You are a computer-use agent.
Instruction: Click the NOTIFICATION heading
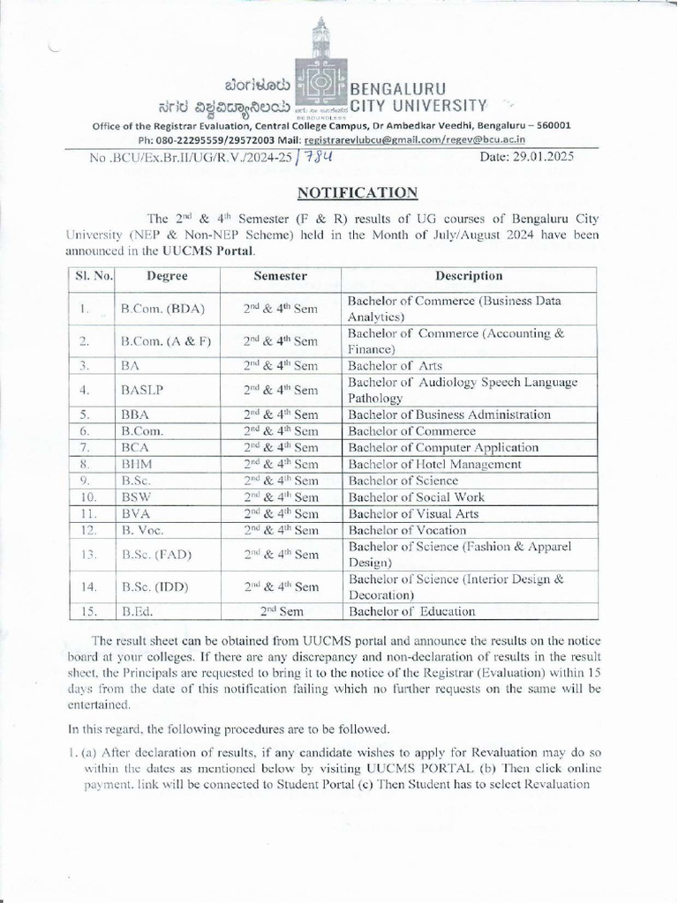coord(357,191)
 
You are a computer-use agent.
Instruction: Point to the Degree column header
coord(167,276)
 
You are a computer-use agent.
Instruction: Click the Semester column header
coord(280,276)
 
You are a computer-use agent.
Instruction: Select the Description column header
coord(469,276)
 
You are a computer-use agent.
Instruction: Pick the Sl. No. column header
coord(93,276)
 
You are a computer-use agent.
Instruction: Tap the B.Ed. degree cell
coord(139,611)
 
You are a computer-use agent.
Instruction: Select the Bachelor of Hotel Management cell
coord(434,464)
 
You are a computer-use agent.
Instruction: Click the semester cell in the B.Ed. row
coord(280,611)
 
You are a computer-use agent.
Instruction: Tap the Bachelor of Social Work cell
coord(416,497)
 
